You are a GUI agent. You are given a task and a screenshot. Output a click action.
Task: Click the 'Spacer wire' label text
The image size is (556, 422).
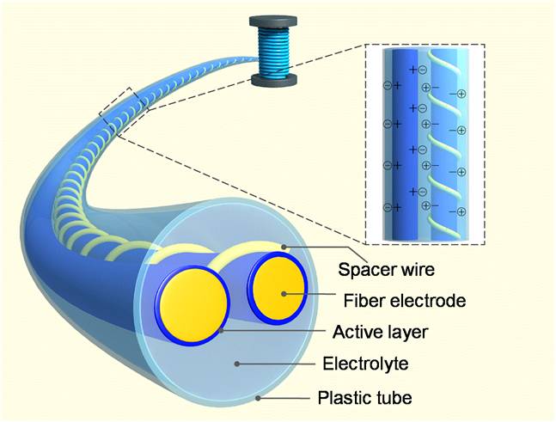386,270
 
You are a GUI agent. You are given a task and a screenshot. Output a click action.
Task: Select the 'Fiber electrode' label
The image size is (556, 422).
405,301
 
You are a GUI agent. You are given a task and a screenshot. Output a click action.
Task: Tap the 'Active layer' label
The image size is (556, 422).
381,333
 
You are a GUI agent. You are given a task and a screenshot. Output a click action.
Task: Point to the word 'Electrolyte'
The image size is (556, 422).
365,364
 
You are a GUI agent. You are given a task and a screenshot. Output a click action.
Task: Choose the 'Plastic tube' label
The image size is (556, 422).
365,398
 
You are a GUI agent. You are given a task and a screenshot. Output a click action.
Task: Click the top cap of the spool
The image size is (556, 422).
273,21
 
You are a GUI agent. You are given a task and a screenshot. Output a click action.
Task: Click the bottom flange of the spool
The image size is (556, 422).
273,80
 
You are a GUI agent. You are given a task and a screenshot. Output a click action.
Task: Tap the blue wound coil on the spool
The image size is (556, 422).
273,52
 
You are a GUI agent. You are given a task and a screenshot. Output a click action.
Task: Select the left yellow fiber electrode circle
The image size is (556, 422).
193,305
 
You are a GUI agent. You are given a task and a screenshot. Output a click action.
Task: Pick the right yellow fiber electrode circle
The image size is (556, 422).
280,288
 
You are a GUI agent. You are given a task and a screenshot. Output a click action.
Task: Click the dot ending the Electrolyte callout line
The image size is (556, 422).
237,364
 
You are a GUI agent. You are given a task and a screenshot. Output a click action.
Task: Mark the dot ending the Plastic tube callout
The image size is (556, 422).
258,398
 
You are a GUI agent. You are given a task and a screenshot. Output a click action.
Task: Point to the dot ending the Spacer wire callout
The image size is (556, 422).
284,247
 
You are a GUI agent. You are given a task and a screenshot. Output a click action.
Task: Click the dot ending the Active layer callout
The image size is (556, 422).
222,331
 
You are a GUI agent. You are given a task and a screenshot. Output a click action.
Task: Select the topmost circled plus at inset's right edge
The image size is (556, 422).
461,94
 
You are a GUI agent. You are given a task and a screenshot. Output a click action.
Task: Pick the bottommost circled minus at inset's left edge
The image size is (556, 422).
388,207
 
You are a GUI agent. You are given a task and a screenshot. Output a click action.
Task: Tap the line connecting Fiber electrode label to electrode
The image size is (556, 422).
309,294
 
